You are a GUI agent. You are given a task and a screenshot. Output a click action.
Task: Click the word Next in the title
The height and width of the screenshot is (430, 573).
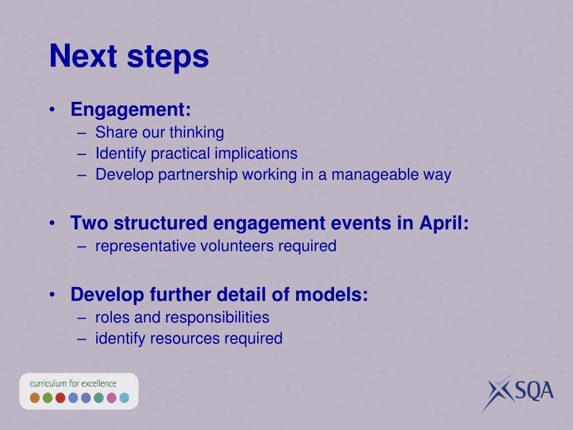tap(83, 56)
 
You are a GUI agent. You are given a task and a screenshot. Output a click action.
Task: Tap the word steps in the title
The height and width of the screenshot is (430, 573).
tap(168, 58)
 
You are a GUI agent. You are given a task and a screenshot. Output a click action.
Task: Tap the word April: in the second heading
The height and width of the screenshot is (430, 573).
tap(444, 223)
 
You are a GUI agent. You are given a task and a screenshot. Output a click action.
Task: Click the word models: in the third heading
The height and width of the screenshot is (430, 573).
tap(331, 295)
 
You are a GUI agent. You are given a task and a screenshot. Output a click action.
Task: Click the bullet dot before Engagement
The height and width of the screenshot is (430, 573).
tap(52, 109)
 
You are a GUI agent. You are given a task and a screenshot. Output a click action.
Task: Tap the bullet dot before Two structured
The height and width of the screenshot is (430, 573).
tap(52, 223)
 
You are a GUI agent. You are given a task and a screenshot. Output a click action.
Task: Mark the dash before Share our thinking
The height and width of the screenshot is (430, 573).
tap(82, 133)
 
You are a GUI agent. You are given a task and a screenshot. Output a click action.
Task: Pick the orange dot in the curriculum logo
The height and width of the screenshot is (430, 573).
tap(35, 398)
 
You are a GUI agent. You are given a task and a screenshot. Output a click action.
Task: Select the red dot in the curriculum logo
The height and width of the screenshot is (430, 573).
tap(60, 398)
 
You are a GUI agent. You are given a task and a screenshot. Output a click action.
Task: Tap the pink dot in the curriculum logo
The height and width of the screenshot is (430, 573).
tap(111, 398)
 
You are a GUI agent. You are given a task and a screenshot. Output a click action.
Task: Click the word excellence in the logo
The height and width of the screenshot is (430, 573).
tap(98, 384)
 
